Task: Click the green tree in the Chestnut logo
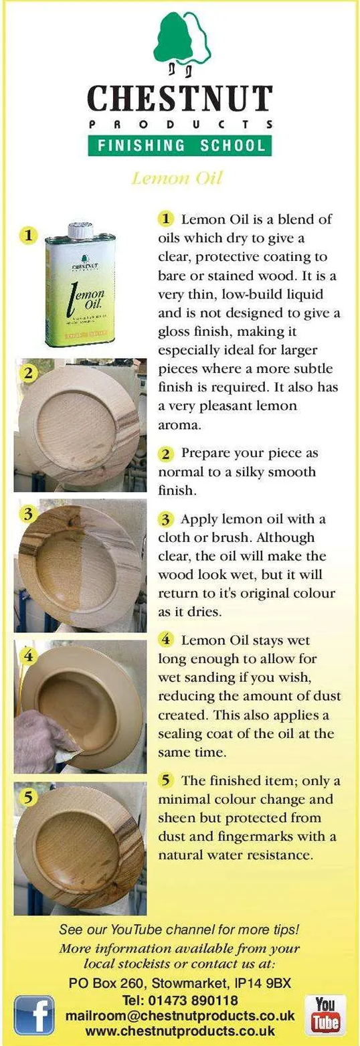pos(172,38)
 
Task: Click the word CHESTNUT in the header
pos(180,98)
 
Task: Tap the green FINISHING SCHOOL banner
pos(180,146)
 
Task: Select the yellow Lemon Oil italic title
pos(177,178)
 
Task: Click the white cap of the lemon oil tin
pos(80,230)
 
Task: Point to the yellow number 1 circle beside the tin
pos(29,235)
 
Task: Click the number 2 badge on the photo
pos(29,373)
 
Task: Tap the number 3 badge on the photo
pos(29,514)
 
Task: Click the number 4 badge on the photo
pos(29,656)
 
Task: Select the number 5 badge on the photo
pos(29,797)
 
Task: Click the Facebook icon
pos(34,1013)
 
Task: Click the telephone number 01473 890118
pos(192,1000)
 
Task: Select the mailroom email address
pos(180,1016)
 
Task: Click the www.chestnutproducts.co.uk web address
pos(180,1030)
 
